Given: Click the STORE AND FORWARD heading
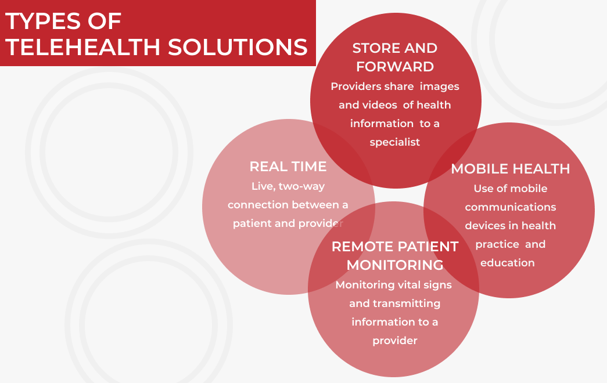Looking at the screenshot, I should tap(395, 57).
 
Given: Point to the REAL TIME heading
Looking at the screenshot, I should tap(288, 167).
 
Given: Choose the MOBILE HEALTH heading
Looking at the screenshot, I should tap(511, 169).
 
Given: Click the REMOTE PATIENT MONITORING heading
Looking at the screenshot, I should tap(395, 255).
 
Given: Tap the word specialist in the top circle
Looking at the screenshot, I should tap(395, 142).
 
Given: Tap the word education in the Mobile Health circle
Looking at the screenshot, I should tap(508, 263).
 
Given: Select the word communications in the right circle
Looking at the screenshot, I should tap(511, 207).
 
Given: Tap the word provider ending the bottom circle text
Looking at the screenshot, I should tap(395, 341).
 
